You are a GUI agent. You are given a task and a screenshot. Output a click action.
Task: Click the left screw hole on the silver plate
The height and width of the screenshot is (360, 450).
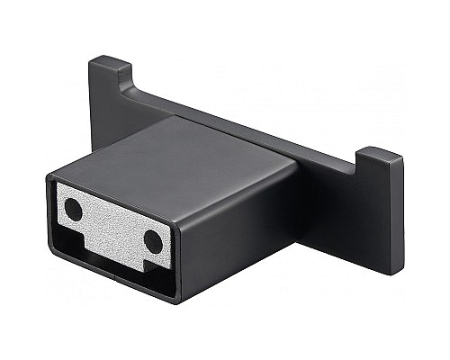coord(73,211)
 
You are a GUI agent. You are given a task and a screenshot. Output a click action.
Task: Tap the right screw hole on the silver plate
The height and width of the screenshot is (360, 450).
coord(153,241)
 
